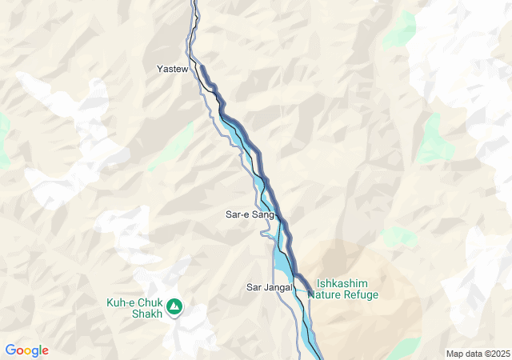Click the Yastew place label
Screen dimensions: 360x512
[172, 70]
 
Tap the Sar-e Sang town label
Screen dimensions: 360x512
[250, 214]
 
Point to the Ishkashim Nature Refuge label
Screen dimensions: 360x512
[347, 289]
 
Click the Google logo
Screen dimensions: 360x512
[26, 350]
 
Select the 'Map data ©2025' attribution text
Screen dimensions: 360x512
[478, 354]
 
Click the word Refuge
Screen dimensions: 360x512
[361, 294]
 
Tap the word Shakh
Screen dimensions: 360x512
[147, 314]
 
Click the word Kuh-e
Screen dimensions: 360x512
[122, 302]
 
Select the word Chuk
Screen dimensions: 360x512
[150, 302]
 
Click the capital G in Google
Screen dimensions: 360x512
[10, 350]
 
